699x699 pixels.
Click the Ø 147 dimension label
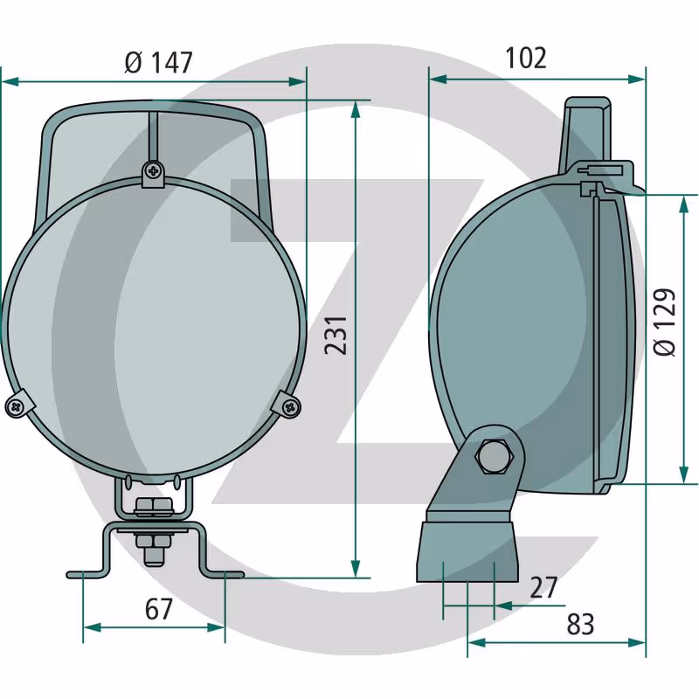158,62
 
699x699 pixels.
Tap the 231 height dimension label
336,336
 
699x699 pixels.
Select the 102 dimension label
526,58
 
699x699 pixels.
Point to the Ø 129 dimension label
665,322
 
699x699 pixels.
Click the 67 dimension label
159,609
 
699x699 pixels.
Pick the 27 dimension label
543,587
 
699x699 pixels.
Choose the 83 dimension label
580,624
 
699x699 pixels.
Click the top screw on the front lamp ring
154,170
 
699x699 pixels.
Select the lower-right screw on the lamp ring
291,406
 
